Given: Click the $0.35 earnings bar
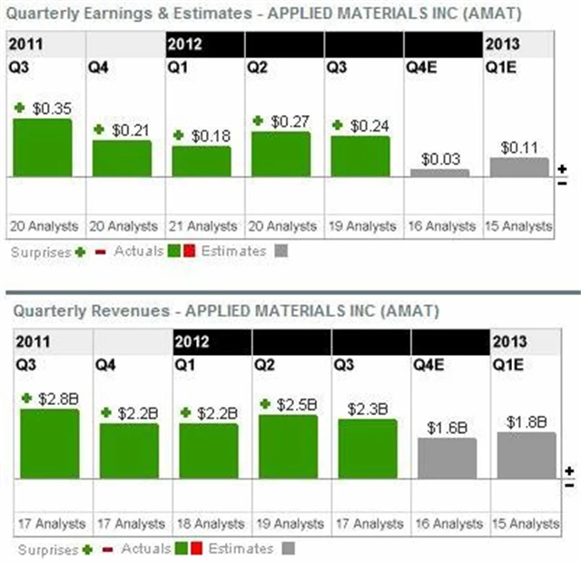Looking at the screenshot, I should point(42,147).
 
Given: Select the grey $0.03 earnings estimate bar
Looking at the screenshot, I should point(440,173).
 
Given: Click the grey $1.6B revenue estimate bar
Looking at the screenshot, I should point(447,465).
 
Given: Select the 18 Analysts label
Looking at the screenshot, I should point(209,524).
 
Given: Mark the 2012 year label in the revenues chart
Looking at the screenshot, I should point(193,342).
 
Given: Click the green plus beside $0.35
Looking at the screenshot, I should point(20,107).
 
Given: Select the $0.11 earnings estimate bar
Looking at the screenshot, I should point(519,167).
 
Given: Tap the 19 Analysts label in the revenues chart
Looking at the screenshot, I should point(288,524).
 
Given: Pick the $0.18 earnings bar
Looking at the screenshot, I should point(202,161).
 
